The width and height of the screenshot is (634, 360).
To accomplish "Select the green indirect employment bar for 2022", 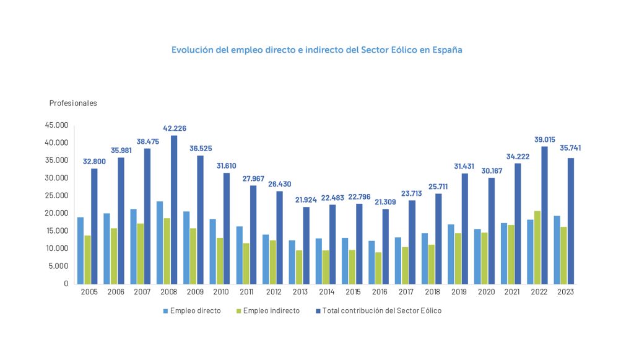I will point(538,247).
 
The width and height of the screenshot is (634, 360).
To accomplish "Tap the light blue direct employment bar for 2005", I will point(80,250).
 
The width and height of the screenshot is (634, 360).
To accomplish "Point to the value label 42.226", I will point(175,128).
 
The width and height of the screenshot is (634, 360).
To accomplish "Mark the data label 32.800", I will point(95,162).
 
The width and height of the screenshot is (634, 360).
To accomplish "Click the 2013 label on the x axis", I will point(300,292).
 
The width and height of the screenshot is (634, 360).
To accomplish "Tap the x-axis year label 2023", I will point(565,292).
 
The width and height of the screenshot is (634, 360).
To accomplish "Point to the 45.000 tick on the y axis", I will point(57,125).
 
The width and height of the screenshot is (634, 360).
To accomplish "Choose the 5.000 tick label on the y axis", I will point(59,266).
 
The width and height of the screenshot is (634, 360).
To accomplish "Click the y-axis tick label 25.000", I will point(57,195).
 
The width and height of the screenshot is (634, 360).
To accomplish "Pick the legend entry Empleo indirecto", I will point(271,310).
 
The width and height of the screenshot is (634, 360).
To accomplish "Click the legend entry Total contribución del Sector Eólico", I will point(382,310).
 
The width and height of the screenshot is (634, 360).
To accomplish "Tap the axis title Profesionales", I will point(73,103).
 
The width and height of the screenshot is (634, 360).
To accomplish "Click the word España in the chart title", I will point(446,50).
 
